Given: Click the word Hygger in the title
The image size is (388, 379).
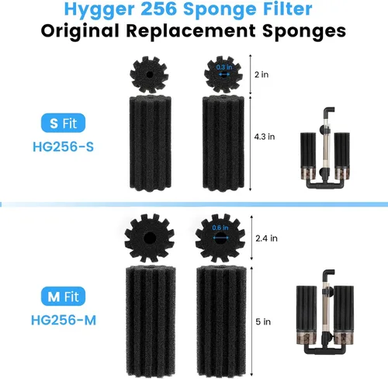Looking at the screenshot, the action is [99, 10].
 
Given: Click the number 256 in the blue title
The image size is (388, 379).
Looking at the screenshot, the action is [159, 9].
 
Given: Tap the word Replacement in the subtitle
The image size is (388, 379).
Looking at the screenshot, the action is [191, 31].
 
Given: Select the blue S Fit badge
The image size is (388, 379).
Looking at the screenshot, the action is [63, 123].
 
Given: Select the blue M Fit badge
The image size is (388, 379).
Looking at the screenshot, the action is [63, 296].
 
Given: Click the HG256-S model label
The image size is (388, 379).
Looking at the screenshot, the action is [63, 147].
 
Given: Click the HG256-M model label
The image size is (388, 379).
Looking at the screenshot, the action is [64, 320].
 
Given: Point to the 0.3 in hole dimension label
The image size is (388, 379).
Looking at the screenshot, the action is [224, 68].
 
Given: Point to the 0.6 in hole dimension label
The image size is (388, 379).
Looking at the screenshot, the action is [220, 228].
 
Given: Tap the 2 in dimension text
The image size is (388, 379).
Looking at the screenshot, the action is [262, 75].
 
